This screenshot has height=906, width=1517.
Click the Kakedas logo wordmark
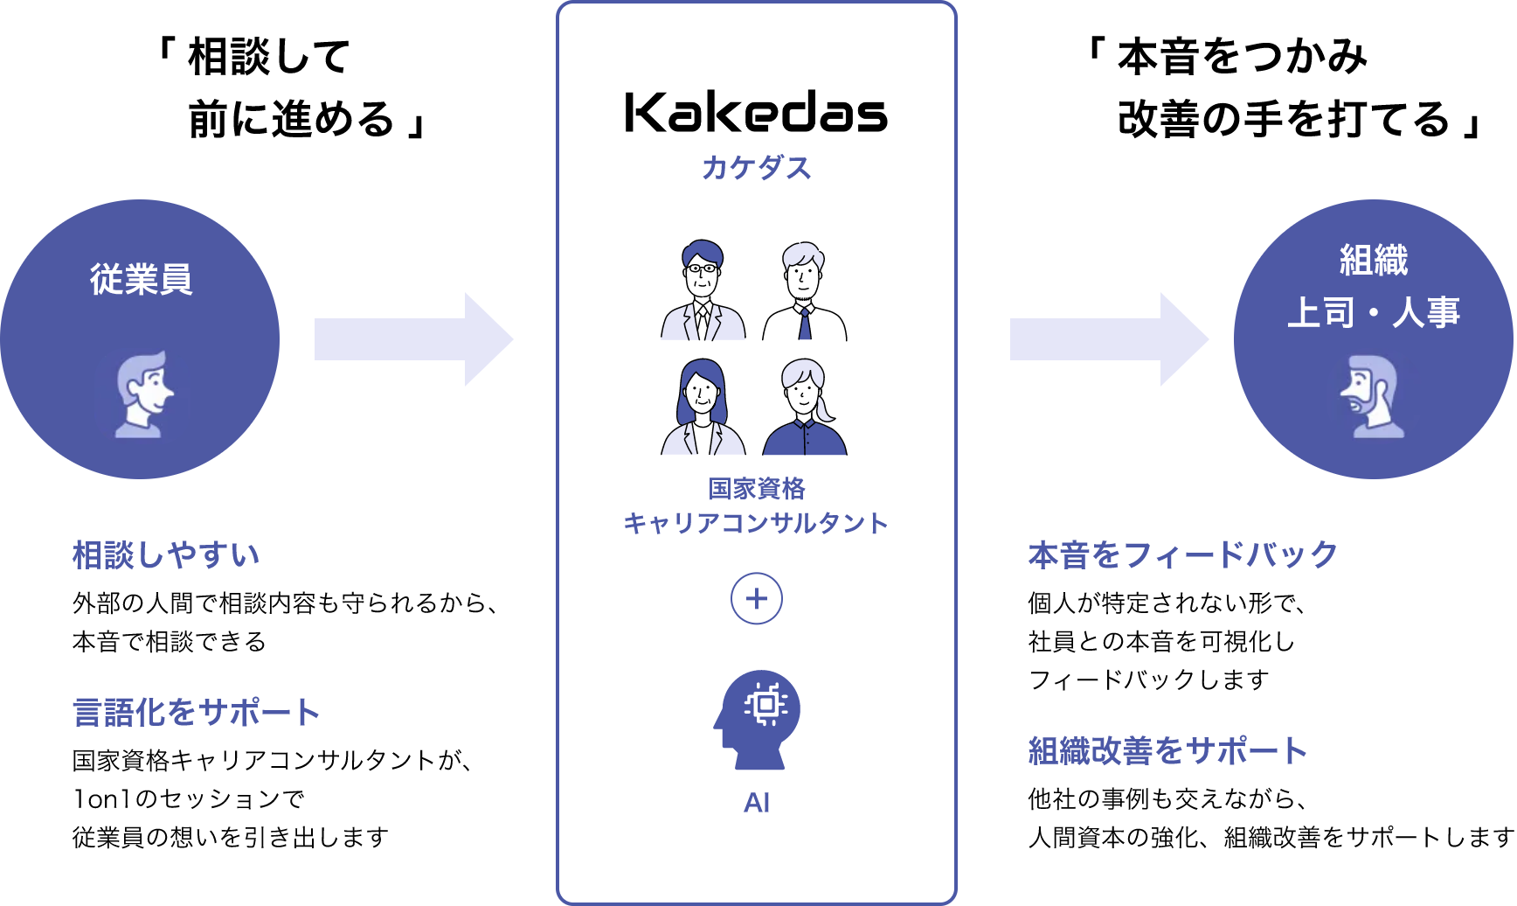click(x=756, y=113)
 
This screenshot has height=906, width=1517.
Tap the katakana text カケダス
click(x=756, y=167)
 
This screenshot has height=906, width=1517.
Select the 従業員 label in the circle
click(x=141, y=279)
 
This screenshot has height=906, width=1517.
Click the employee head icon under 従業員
click(x=142, y=394)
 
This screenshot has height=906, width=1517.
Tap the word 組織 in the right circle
click(x=1374, y=260)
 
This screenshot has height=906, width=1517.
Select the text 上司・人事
click(x=1374, y=312)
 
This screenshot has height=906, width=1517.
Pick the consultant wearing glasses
click(x=703, y=290)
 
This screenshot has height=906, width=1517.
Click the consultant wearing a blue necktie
click(x=805, y=292)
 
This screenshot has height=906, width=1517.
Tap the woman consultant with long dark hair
click(x=703, y=408)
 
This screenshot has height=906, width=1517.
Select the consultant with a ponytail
click(x=805, y=408)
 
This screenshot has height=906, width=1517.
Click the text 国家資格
click(x=756, y=488)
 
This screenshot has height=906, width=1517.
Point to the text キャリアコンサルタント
click(x=756, y=523)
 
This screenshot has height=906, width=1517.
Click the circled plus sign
click(x=756, y=599)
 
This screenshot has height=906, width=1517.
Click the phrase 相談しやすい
click(x=166, y=555)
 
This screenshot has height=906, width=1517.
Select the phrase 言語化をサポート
click(x=197, y=712)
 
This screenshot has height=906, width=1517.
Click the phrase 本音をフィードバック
click(x=1182, y=555)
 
